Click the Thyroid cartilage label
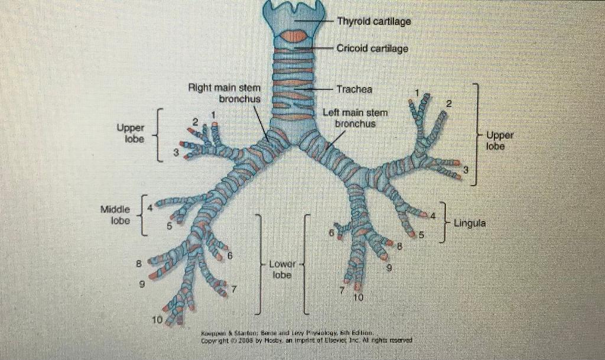click(373, 21)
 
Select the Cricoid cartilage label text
click(372, 48)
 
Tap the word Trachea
click(354, 89)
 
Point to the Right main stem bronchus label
click(224, 93)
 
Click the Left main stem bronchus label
click(355, 118)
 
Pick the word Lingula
click(470, 223)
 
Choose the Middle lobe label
click(115, 215)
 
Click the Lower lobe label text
click(282, 269)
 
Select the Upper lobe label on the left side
click(131, 133)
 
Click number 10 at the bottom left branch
click(156, 320)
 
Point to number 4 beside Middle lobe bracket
click(150, 207)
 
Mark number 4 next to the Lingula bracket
click(432, 215)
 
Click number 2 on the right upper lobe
click(449, 104)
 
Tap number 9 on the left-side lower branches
click(142, 284)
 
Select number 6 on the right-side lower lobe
click(332, 233)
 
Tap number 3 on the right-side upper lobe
click(466, 170)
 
